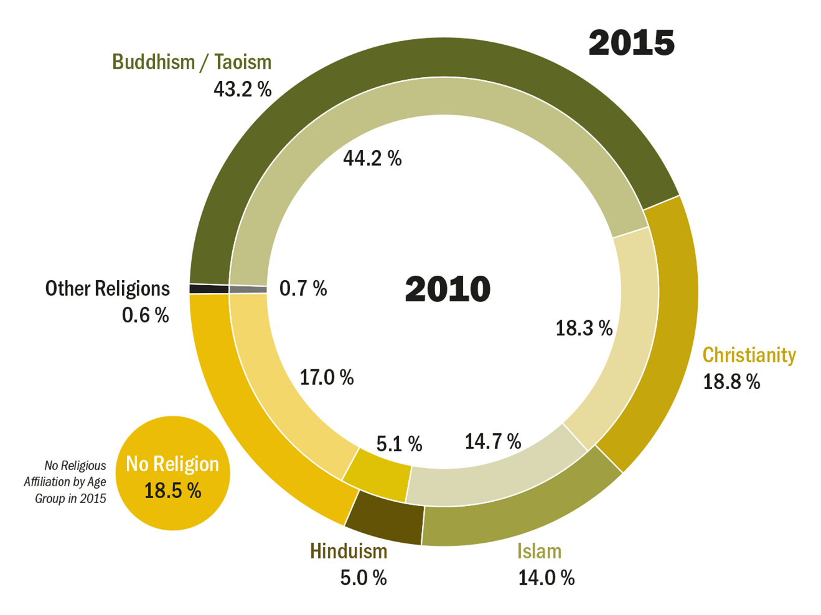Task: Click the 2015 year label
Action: click(631, 43)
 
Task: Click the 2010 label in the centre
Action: click(448, 289)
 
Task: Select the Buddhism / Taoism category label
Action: click(192, 62)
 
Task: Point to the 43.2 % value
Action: click(242, 90)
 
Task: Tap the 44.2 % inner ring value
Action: click(372, 159)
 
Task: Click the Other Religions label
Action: click(107, 289)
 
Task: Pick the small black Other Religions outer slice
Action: click(209, 289)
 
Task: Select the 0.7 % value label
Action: click(303, 289)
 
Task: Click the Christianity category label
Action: click(749, 355)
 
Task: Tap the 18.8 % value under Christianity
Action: click(731, 382)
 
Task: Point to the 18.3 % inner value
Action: click(584, 328)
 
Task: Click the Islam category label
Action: click(539, 551)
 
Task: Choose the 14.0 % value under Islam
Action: click(546, 578)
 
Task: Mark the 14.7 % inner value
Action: click(492, 441)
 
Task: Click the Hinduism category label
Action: click(349, 551)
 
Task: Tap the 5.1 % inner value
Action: click(399, 444)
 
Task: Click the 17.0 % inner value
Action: click(327, 377)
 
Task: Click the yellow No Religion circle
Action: click(172, 473)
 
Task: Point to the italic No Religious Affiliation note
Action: click(65, 482)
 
